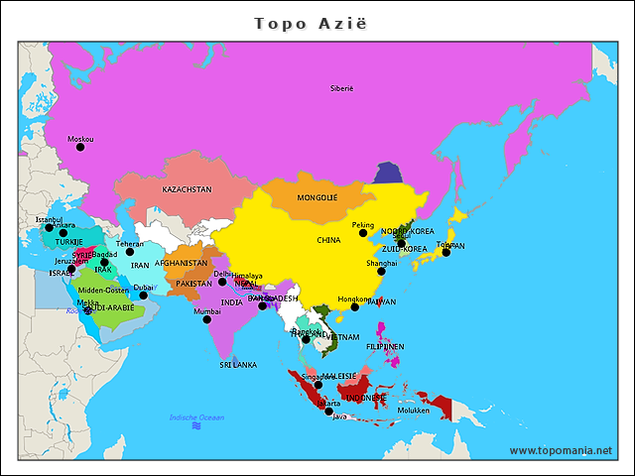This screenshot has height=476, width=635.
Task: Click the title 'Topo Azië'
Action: click(x=317, y=22)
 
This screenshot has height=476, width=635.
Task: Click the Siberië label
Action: click(x=341, y=88)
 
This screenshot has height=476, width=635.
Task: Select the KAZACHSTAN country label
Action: click(x=187, y=188)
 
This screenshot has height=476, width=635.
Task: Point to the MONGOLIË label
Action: click(x=317, y=197)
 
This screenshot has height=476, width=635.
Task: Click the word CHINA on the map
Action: click(x=328, y=240)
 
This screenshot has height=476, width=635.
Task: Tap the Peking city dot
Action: click(x=363, y=233)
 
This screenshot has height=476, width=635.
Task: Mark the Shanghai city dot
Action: click(x=381, y=271)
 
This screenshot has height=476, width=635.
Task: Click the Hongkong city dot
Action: click(x=354, y=307)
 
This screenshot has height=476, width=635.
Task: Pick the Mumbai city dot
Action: click(x=207, y=319)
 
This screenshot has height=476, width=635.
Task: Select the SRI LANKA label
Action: click(x=238, y=365)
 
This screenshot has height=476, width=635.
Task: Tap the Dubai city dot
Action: click(x=143, y=296)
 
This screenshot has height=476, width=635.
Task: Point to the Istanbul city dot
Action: click(x=49, y=228)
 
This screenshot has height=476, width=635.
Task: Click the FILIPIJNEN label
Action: click(x=385, y=347)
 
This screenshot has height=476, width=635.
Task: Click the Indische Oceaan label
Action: click(x=196, y=417)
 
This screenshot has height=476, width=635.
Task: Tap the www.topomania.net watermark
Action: click(x=561, y=450)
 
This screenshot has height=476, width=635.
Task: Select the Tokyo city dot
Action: click(x=446, y=253)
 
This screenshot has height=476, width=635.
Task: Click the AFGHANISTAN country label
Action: click(x=181, y=264)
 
